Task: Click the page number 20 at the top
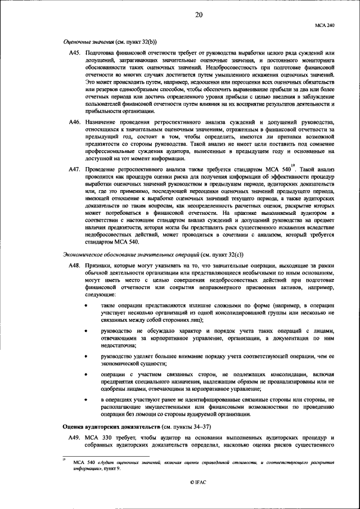(199, 15)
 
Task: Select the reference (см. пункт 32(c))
(222, 255)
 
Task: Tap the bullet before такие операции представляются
(85, 305)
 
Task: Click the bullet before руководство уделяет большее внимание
(85, 356)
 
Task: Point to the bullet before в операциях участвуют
(85, 400)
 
